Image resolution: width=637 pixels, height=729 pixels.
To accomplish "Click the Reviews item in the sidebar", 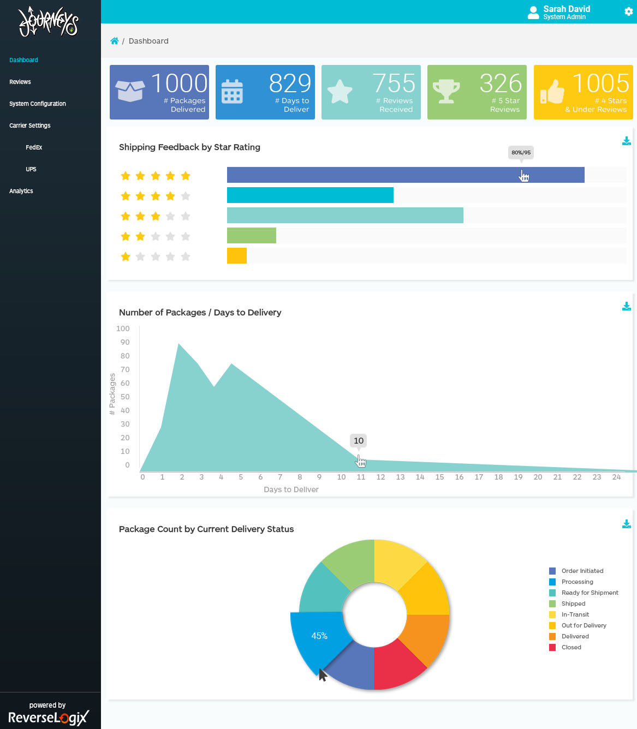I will (x=20, y=82).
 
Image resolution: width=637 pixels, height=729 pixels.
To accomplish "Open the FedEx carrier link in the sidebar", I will (x=34, y=147).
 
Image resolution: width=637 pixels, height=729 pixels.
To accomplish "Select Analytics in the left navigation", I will (x=21, y=191).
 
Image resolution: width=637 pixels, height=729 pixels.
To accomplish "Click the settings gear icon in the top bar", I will (x=628, y=11).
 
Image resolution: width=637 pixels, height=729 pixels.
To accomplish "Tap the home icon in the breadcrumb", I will (x=115, y=41).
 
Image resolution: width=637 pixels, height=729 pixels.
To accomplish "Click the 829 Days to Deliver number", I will (x=290, y=83).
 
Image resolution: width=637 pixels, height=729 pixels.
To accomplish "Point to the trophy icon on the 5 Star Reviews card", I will (x=446, y=91).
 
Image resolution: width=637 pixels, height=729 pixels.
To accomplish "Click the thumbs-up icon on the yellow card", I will (x=552, y=91).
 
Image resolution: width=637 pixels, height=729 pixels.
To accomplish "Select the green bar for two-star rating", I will (x=252, y=236).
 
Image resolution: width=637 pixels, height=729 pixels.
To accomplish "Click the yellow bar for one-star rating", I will (x=237, y=256).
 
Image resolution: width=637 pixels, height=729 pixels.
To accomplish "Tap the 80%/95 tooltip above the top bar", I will (x=521, y=152).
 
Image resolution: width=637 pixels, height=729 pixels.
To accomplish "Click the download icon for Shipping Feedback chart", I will (x=626, y=141).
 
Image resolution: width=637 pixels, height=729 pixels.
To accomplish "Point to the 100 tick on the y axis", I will (x=123, y=328).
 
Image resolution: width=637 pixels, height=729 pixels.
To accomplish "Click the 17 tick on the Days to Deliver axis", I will (x=479, y=477).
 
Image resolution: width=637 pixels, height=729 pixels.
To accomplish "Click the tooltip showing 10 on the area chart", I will (x=358, y=440).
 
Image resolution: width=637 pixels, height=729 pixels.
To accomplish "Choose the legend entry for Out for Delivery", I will (x=584, y=625).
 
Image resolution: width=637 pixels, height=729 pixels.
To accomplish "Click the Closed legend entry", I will (x=571, y=647).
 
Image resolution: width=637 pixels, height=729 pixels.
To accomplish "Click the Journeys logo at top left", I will (x=49, y=22).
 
